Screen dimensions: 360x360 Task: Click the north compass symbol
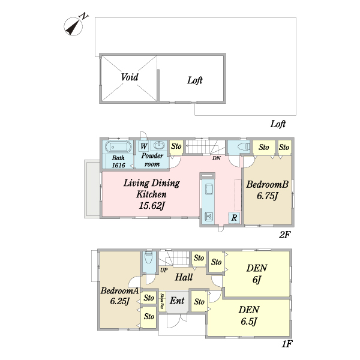click(73, 26)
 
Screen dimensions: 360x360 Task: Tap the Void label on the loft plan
click(130, 77)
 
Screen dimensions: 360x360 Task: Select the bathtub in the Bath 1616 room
click(118, 147)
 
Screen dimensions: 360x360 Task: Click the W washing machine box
click(144, 146)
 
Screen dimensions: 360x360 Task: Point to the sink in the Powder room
click(159, 145)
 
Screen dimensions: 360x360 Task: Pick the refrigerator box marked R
click(234, 217)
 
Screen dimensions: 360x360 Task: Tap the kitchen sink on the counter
click(208, 190)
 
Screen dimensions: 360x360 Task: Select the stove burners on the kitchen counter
click(209, 216)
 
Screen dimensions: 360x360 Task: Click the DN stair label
click(216, 158)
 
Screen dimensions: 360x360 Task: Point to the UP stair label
click(164, 270)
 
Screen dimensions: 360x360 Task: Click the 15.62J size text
click(152, 205)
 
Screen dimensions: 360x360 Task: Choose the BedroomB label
click(268, 184)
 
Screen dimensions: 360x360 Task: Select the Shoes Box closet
click(163, 301)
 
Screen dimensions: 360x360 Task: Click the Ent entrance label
click(177, 301)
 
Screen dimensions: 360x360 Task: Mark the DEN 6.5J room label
click(249, 316)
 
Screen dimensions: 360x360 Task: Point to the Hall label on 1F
click(184, 277)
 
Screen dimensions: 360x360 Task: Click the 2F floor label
click(284, 235)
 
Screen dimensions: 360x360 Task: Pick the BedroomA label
click(119, 290)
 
